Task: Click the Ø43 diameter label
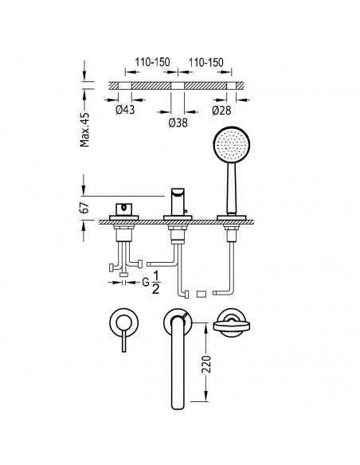click(x=125, y=110)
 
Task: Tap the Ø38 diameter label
click(x=178, y=123)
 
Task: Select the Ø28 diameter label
click(x=221, y=111)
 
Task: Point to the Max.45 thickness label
click(x=84, y=130)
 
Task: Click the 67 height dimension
click(x=84, y=208)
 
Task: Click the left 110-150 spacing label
click(x=152, y=62)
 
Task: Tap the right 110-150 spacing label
click(x=205, y=62)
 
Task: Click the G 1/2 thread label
click(x=151, y=283)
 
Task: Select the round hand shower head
click(x=231, y=145)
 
